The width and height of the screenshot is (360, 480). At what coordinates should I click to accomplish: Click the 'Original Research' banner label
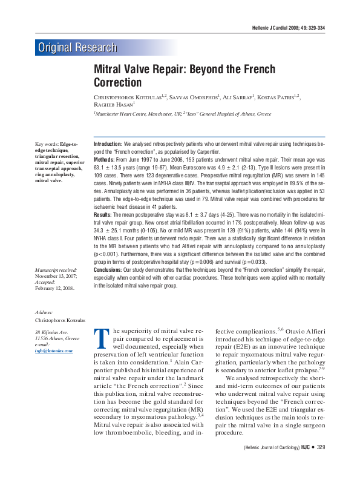tap(77, 47)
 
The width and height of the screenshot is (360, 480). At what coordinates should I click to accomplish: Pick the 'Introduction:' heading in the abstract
tap(108, 143)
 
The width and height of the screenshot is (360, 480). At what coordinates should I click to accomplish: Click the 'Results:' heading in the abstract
tap(102, 214)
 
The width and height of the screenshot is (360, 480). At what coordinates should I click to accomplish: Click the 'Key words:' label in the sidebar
tap(47, 144)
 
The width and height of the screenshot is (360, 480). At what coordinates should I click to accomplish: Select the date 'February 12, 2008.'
tap(54, 289)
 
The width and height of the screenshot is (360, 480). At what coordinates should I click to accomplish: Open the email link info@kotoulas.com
tap(53, 350)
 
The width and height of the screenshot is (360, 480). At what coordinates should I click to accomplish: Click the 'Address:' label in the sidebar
tap(45, 312)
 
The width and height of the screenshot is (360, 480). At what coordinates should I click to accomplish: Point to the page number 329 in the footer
tap(320, 464)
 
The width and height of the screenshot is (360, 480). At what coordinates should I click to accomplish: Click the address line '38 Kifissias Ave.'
tap(54, 332)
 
